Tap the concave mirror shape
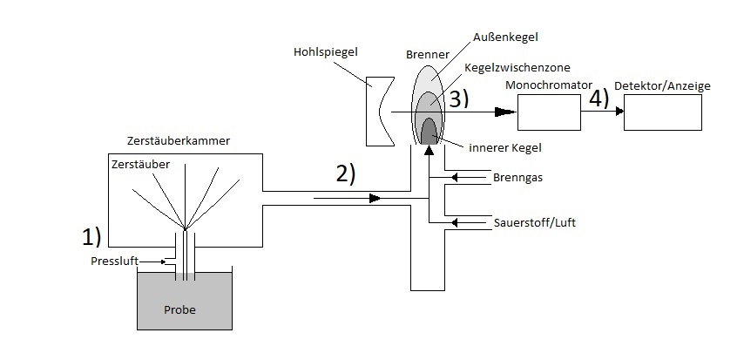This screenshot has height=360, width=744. [379, 111]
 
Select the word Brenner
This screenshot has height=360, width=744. [427, 53]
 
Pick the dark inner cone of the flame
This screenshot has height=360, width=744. [429, 131]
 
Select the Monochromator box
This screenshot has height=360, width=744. [549, 112]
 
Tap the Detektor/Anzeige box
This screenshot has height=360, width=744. [662, 112]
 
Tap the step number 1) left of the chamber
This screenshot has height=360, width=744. [92, 235]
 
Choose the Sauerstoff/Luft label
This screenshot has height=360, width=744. [534, 223]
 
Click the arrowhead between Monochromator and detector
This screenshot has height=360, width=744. [617, 112]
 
